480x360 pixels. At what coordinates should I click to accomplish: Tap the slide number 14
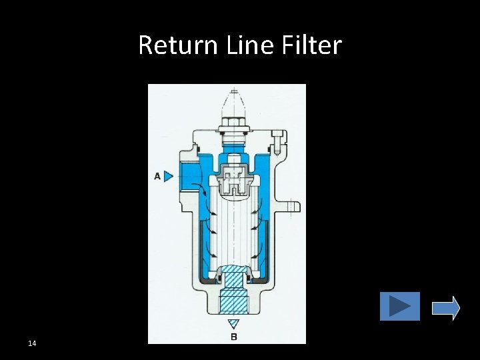tap(32, 343)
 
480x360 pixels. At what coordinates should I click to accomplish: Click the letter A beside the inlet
tap(157, 176)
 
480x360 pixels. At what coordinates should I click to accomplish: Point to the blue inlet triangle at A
tap(168, 176)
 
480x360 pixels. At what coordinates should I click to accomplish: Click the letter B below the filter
tap(233, 337)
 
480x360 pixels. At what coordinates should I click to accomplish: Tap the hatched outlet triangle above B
tap(233, 324)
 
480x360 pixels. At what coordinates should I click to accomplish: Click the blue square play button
tap(400, 307)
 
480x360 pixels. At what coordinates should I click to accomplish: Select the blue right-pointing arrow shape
tap(446, 307)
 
